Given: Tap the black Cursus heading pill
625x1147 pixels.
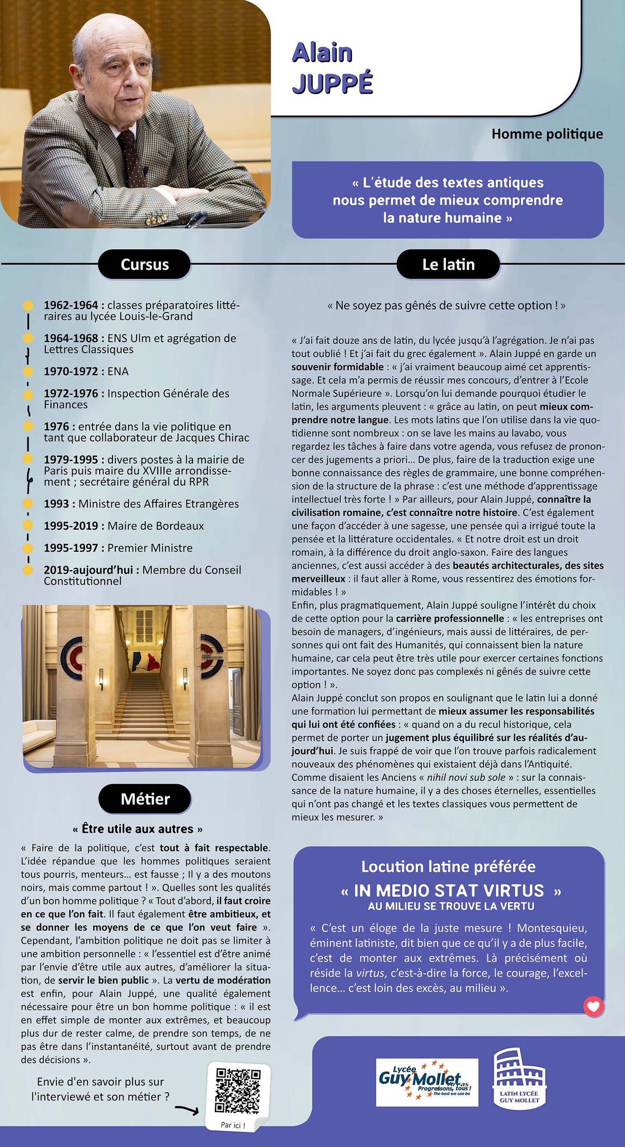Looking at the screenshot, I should [144, 264].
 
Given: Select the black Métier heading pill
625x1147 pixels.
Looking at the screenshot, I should [145, 799].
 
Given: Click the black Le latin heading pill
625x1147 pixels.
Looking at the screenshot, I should [448, 264].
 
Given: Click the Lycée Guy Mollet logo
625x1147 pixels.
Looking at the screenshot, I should [426, 1082].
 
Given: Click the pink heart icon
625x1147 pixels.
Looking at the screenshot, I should [594, 1006].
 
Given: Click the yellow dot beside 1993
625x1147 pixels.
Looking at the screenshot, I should [27, 503].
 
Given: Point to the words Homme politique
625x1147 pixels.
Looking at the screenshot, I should [547, 134].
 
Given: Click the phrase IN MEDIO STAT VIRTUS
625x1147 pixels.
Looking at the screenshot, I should [449, 890].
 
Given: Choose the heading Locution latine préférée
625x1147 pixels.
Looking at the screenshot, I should [448, 866].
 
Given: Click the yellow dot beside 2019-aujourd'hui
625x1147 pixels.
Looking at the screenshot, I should [27, 570].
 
